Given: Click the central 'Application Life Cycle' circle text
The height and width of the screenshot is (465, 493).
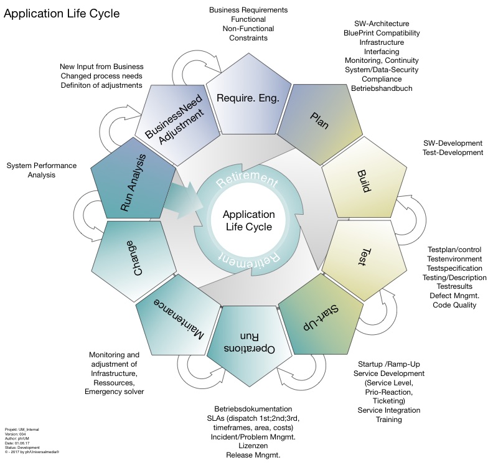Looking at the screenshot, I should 247,220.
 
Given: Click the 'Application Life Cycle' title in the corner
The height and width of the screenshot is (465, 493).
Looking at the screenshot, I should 62,13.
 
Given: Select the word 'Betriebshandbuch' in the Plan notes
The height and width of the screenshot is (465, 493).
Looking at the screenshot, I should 382,88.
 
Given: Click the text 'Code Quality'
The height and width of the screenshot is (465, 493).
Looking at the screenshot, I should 454,304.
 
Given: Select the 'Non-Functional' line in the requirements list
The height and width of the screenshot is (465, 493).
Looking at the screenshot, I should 248,29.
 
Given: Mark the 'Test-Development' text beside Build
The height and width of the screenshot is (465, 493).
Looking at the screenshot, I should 453,152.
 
